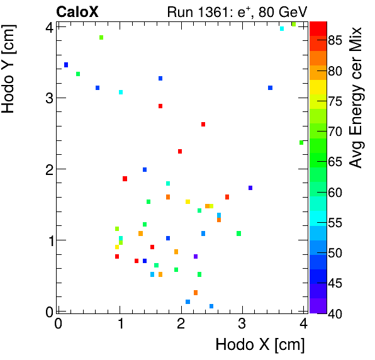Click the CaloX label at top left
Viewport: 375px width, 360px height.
pos(77,11)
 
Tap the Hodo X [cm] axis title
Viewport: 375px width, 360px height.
pos(260,345)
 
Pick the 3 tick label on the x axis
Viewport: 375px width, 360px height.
pos(242,323)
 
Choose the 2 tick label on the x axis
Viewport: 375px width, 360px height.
pos(181,323)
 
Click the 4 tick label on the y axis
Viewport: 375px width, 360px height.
pos(48,26)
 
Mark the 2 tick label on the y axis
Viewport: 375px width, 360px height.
pos(48,169)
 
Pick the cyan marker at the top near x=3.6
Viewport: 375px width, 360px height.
pos(282,28)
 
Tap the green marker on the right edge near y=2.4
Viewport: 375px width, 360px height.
pos(301,142)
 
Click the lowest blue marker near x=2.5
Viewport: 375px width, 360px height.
pos(211,306)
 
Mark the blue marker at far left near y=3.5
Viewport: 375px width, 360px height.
pos(66,65)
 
